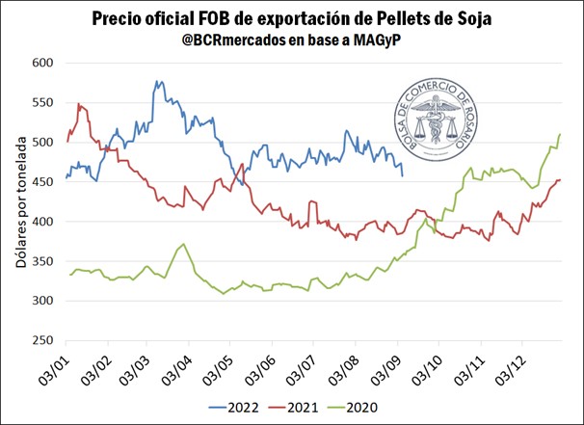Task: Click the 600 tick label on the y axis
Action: (x=40, y=63)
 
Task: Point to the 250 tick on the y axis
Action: (x=40, y=340)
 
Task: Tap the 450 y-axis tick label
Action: (x=40, y=182)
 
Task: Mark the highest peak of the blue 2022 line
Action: (x=156, y=82)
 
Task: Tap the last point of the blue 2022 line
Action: (x=402, y=175)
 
